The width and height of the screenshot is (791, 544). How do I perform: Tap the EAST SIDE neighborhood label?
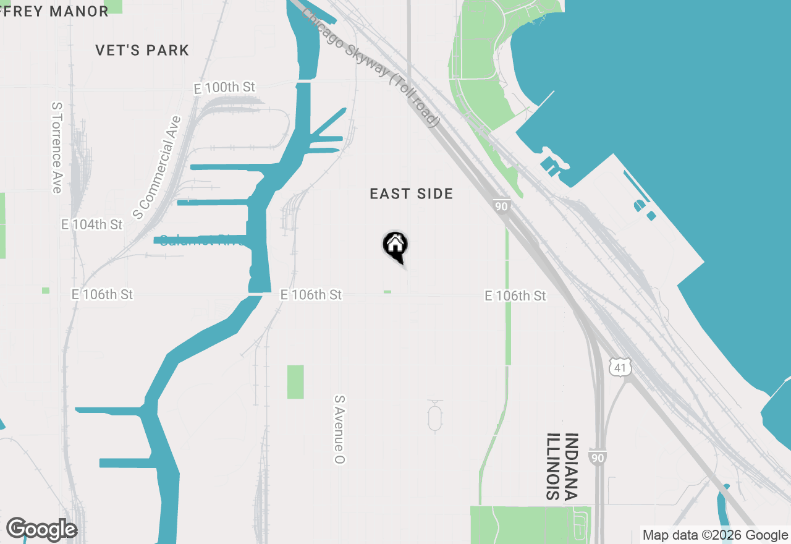[x=412, y=194]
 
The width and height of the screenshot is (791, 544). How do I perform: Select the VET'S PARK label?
[x=142, y=50]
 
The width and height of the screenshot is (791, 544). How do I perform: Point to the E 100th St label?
[x=224, y=88]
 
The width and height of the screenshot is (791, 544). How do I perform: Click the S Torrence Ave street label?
[x=57, y=147]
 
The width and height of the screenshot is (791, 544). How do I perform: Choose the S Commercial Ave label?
[x=157, y=168]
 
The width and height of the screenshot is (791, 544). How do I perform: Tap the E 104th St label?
[x=92, y=224]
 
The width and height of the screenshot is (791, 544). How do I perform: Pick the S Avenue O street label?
[x=339, y=430]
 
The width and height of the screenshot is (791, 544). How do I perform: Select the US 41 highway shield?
[x=620, y=368]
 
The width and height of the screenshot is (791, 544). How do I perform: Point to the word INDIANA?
[x=571, y=466]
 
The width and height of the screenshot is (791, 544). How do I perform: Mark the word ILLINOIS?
[x=552, y=466]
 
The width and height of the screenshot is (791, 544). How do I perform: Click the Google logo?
[x=41, y=529]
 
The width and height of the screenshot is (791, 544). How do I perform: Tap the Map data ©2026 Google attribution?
[x=715, y=535]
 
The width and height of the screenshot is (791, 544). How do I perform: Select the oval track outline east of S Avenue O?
[x=435, y=415]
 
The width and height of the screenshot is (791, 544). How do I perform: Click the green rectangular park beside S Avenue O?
[x=295, y=381]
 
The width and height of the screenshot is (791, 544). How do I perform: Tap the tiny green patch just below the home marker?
[x=387, y=292]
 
